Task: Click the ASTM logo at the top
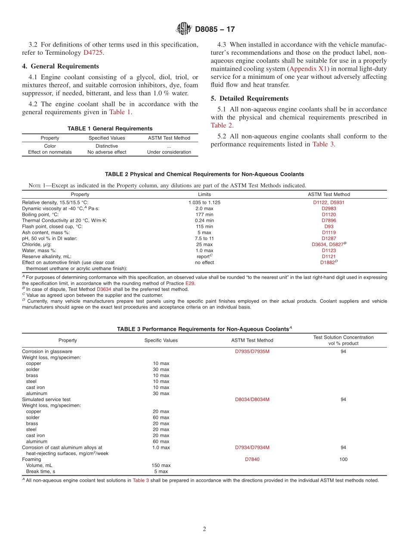tap(184, 29)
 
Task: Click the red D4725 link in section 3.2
tap(93, 53)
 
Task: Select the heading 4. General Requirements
tap(60, 66)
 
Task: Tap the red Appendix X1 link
tap(309, 68)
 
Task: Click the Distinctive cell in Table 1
tap(107, 146)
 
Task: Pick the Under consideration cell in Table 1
tap(169, 152)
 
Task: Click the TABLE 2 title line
tap(204, 174)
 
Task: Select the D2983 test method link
tap(328, 208)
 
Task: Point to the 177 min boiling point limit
tap(204, 214)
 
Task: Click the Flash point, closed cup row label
tap(52, 226)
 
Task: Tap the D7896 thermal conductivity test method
tap(328, 220)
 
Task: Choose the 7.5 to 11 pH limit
tap(204, 238)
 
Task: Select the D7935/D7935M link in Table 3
tap(252, 351)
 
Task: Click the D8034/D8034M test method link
tap(252, 399)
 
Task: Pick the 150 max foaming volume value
tap(161, 465)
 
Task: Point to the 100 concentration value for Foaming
tap(343, 459)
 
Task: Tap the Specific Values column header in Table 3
tap(161, 340)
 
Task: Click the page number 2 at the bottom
tap(204, 529)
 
